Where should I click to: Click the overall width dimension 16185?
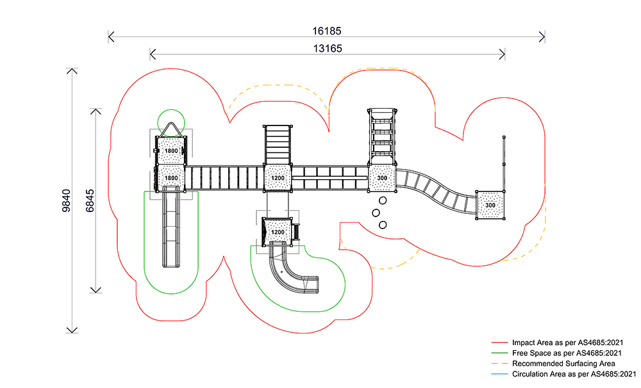point(327,30)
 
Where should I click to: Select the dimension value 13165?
point(328,48)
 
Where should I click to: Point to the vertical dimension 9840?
point(67,201)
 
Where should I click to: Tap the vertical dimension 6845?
point(90,201)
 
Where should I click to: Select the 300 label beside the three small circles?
point(382,177)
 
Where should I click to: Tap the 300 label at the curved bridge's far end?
point(490,205)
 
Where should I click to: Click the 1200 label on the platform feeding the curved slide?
point(278,231)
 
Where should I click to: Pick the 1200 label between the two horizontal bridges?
point(277,177)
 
